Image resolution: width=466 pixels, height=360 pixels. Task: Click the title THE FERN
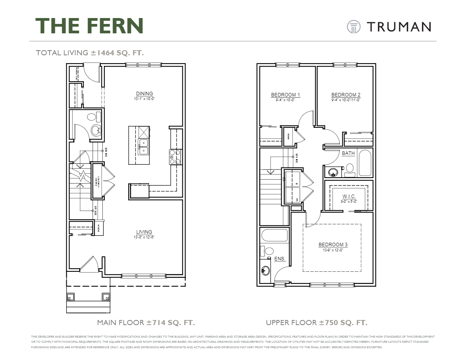(89, 26)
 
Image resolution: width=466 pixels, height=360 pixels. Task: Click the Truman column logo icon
(353, 27)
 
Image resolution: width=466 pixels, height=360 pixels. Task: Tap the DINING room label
(144, 93)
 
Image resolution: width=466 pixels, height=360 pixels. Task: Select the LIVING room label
(144, 232)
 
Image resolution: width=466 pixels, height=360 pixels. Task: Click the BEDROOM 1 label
(286, 95)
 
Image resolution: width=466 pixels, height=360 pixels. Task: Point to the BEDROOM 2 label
(346, 95)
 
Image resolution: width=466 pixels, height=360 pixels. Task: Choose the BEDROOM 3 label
(333, 244)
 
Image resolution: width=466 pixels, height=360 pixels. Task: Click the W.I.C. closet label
(349, 196)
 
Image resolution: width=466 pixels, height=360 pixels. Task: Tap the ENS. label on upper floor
(280, 259)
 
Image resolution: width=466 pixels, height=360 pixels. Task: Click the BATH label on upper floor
(348, 153)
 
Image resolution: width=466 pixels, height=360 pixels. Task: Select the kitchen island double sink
(143, 147)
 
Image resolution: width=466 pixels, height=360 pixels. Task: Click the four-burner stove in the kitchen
(175, 156)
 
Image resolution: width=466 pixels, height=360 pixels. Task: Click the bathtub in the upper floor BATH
(364, 163)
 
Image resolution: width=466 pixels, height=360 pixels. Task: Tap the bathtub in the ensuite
(275, 236)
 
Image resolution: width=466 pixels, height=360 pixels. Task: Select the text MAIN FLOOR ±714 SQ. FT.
(146, 323)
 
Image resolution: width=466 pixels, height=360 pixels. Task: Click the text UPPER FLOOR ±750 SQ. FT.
(317, 323)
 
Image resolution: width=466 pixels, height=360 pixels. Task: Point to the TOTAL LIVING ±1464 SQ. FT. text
(90, 53)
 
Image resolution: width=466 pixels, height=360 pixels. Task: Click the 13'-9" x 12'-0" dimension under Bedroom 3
(333, 250)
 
